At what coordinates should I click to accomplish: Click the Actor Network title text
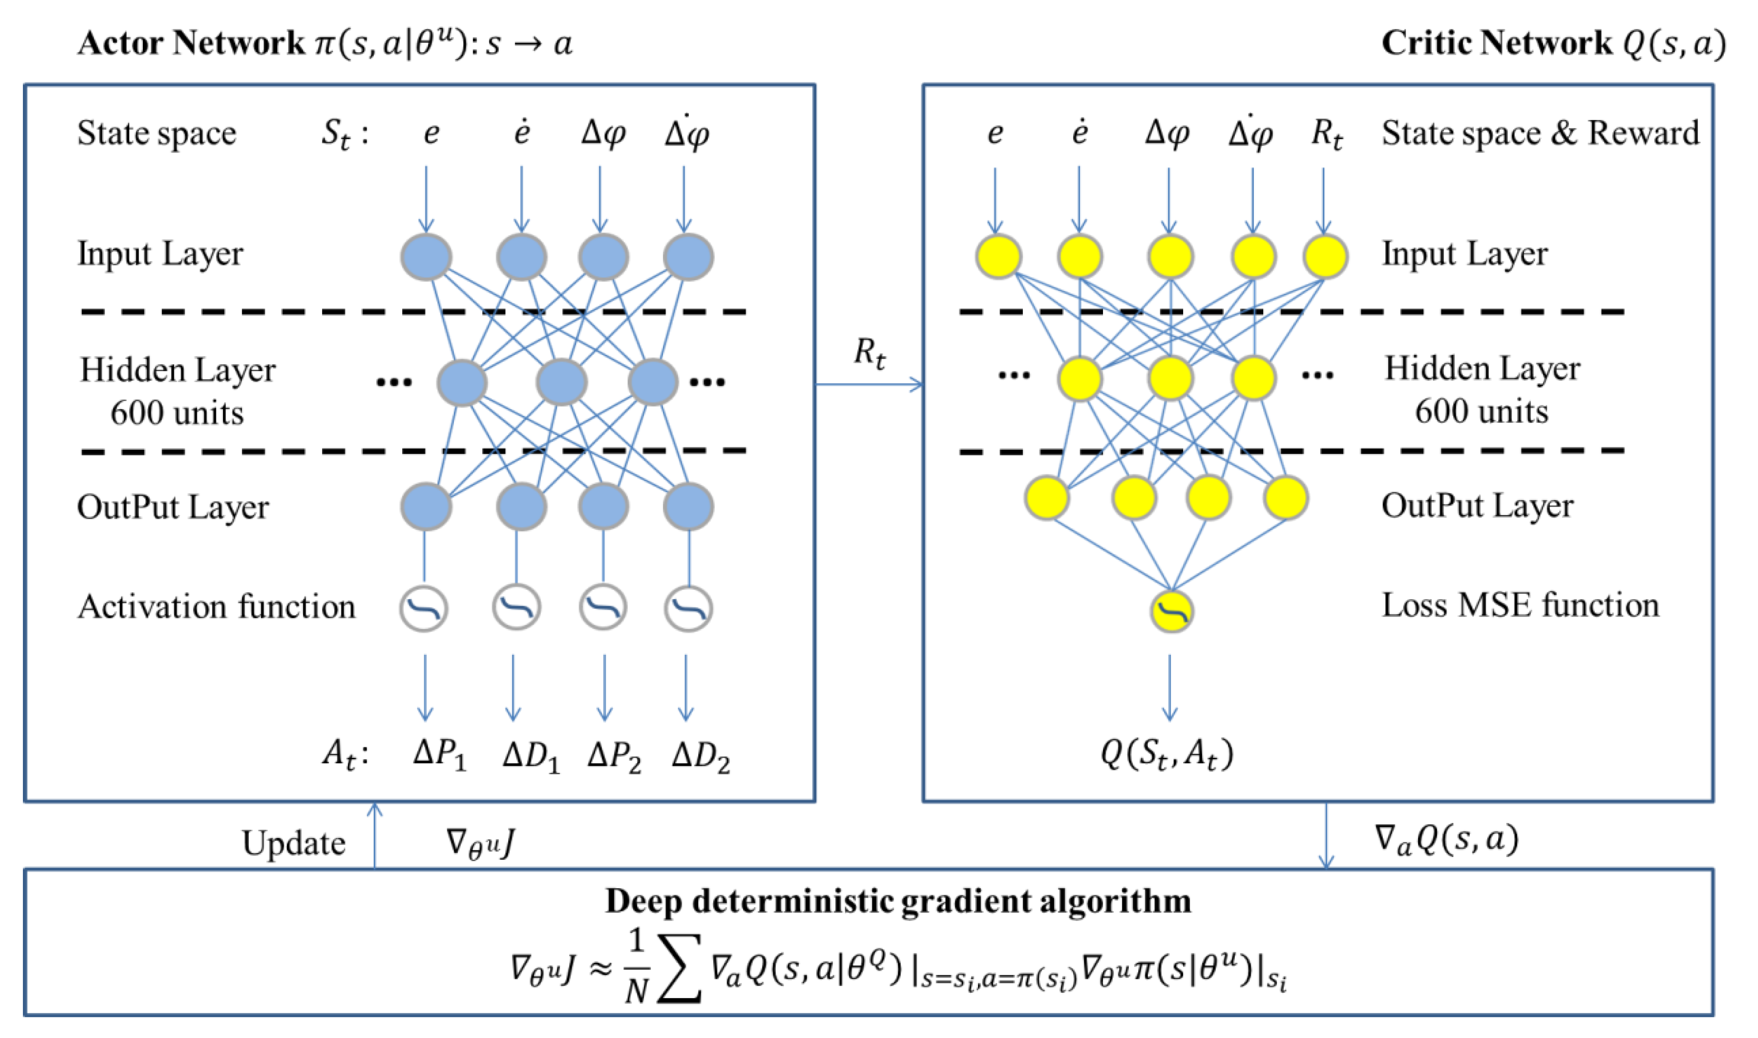click(x=326, y=43)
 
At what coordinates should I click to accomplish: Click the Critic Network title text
click(x=1552, y=43)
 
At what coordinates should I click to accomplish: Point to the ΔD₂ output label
click(x=700, y=756)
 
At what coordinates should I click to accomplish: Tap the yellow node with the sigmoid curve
click(x=1172, y=612)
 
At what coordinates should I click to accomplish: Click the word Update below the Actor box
click(x=293, y=843)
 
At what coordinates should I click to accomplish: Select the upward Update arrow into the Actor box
click(x=375, y=836)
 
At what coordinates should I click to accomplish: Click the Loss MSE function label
click(x=1520, y=606)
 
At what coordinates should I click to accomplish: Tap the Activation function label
click(x=216, y=607)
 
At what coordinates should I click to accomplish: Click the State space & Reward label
click(x=1539, y=133)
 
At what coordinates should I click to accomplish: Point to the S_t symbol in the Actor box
click(x=336, y=133)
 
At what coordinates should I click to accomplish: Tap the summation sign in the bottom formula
click(x=680, y=969)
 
